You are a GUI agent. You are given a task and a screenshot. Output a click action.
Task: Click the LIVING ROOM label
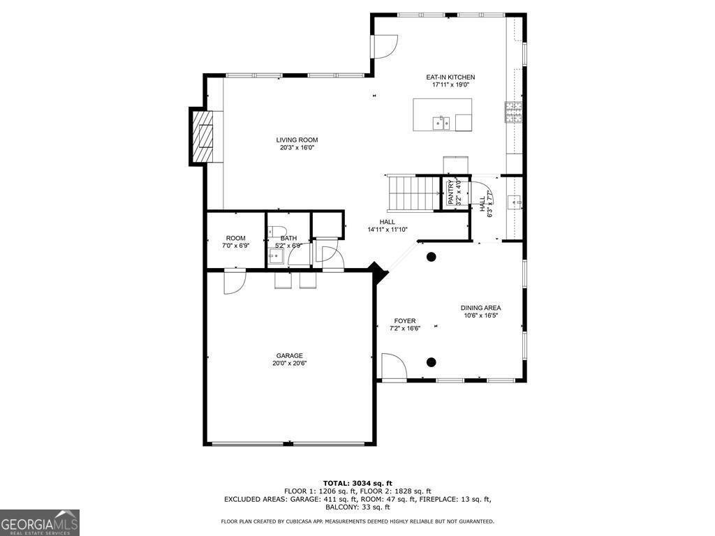(x=297, y=140)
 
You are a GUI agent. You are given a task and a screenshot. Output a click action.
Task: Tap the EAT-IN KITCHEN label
(x=450, y=77)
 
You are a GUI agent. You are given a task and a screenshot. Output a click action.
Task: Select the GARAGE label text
(x=290, y=355)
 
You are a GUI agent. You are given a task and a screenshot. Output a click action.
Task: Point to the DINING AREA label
(x=480, y=308)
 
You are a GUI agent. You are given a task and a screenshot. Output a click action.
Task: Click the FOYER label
(x=405, y=321)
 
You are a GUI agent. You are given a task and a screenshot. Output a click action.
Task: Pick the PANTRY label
(x=450, y=193)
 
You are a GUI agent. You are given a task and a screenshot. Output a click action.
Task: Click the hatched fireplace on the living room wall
(x=202, y=136)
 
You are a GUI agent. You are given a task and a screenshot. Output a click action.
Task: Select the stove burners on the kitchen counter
(x=513, y=112)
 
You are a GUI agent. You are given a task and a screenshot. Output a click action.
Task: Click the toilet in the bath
(x=277, y=230)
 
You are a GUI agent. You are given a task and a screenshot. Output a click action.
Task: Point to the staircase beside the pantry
(x=413, y=194)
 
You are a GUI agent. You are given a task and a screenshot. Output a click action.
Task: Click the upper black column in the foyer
(x=431, y=257)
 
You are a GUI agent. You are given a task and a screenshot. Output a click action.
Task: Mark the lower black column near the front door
(x=431, y=362)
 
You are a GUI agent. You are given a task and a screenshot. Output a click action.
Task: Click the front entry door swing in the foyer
(x=394, y=366)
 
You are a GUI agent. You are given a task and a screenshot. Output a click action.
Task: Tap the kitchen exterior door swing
(x=385, y=46)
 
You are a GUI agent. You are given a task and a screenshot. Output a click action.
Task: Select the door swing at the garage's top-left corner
(x=235, y=283)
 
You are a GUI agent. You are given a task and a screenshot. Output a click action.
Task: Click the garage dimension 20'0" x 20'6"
(x=290, y=363)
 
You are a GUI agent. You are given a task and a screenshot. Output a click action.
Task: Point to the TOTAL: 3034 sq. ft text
(x=357, y=483)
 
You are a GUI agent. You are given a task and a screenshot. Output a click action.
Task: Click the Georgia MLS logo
(x=40, y=523)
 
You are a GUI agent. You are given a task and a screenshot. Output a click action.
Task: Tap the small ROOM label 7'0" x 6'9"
(x=236, y=241)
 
